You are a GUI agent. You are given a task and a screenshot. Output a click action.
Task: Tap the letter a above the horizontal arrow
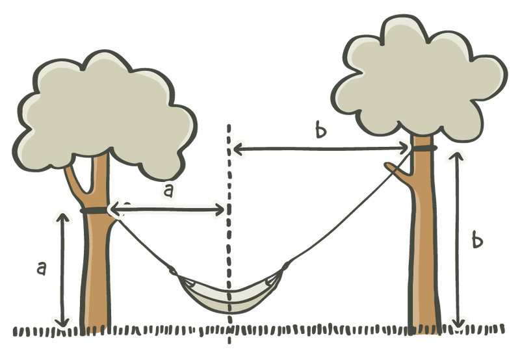(168, 191)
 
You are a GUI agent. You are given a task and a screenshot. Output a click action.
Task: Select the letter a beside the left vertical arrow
(41, 268)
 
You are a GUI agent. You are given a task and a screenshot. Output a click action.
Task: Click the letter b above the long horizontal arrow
(320, 129)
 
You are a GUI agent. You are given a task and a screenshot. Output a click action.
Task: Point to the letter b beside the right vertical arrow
(477, 240)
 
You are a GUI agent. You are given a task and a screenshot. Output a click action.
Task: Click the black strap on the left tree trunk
(94, 210)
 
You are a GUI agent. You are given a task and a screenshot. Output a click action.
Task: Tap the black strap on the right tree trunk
(423, 148)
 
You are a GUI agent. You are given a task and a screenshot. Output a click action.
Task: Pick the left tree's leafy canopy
(105, 112)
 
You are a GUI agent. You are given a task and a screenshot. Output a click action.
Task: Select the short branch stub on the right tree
(398, 170)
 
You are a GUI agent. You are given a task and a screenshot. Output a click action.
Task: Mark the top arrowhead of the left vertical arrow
(63, 216)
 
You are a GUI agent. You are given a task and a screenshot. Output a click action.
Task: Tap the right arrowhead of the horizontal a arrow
(220, 209)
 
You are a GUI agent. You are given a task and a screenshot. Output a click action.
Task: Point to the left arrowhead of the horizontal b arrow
(238, 149)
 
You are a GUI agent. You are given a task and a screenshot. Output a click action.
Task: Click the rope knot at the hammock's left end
(174, 271)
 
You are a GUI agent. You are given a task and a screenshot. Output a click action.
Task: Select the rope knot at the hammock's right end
(285, 265)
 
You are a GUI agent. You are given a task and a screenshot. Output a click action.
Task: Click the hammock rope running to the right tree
(348, 212)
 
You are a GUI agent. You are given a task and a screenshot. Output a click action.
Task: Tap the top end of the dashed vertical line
(229, 125)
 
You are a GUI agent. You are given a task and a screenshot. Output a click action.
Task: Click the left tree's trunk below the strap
(96, 272)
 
